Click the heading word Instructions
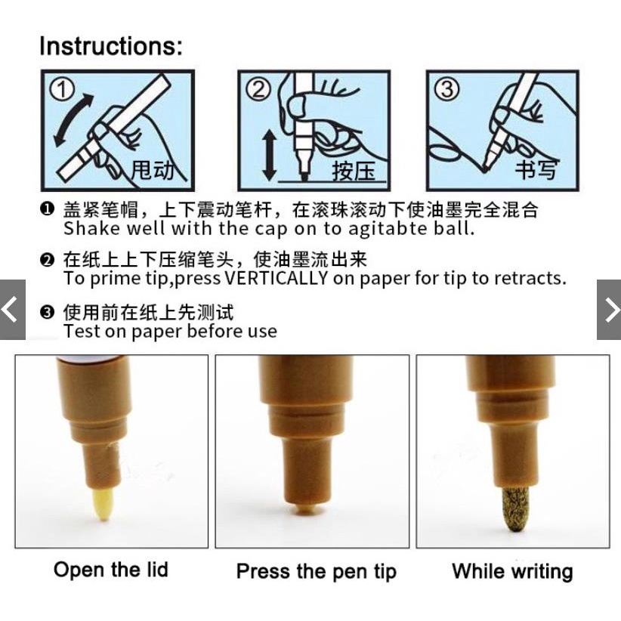pyautogui.click(x=110, y=46)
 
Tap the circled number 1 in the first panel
pyautogui.click(x=62, y=89)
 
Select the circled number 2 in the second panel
pyautogui.click(x=258, y=89)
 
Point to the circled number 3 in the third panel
pyautogui.click(x=446, y=89)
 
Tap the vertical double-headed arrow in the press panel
pyautogui.click(x=270, y=155)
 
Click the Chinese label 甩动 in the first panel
pyautogui.click(x=153, y=170)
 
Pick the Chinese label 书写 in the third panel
pyautogui.click(x=536, y=169)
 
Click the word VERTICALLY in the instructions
pyautogui.click(x=276, y=278)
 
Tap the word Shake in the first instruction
pyautogui.click(x=91, y=228)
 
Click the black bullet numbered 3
pyautogui.click(x=47, y=312)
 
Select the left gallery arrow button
pyautogui.click(x=13, y=310)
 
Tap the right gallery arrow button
pyautogui.click(x=609, y=310)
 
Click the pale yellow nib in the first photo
pyautogui.click(x=103, y=504)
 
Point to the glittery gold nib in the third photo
pyautogui.click(x=516, y=508)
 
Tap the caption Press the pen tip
pyautogui.click(x=316, y=572)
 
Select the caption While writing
pyautogui.click(x=512, y=571)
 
